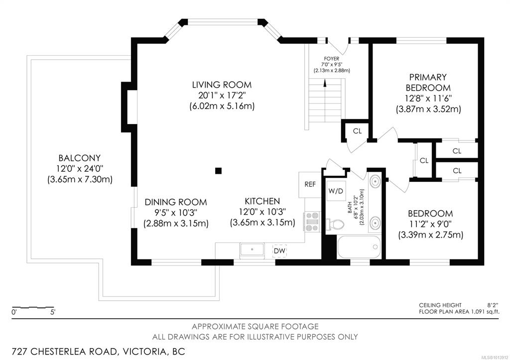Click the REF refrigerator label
pyautogui.click(x=310, y=184)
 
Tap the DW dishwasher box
pyautogui.click(x=279, y=251)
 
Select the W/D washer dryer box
pyautogui.click(x=336, y=191)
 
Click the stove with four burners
pyautogui.click(x=312, y=222)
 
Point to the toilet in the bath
pyautogui.click(x=335, y=224)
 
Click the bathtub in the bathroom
pyautogui.click(x=359, y=246)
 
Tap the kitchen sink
pyautogui.click(x=252, y=250)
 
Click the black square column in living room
pyautogui.click(x=219, y=171)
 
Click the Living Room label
pyautogui.click(x=222, y=85)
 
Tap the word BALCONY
pyautogui.click(x=80, y=158)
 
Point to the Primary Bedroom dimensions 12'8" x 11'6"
pyautogui.click(x=428, y=98)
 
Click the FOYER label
pyautogui.click(x=331, y=59)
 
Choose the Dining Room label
pyautogui.click(x=176, y=202)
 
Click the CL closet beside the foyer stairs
pyautogui.click(x=357, y=131)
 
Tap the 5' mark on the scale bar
pyautogui.click(x=53, y=312)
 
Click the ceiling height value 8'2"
pyautogui.click(x=493, y=305)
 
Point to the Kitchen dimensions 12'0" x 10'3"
pyautogui.click(x=262, y=212)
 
